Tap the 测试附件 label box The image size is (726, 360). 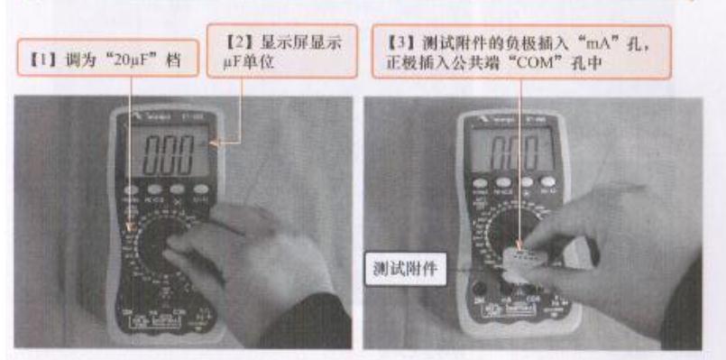(403, 270)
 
